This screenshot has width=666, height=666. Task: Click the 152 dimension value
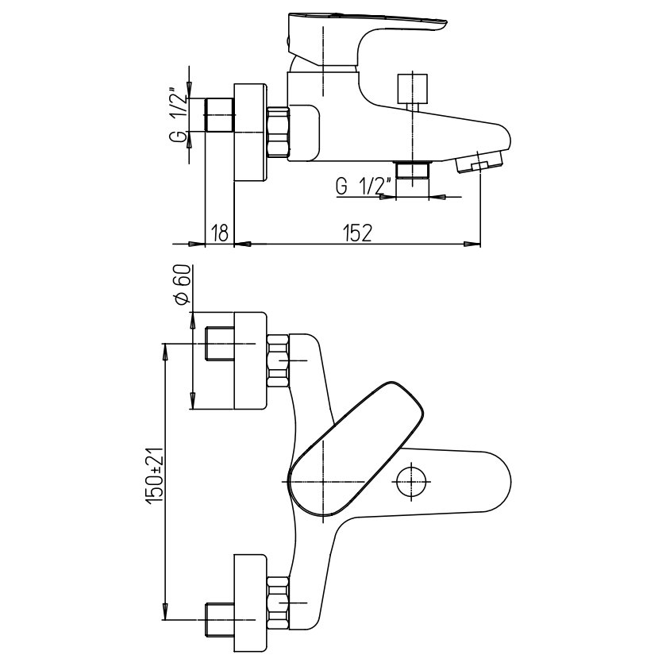point(358,233)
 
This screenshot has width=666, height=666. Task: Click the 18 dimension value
point(221,233)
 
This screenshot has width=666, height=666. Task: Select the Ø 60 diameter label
point(182,286)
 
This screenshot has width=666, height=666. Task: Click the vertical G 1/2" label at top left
point(181,115)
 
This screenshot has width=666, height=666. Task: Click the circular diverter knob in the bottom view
point(411,481)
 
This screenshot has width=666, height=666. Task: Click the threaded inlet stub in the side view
point(221,115)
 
